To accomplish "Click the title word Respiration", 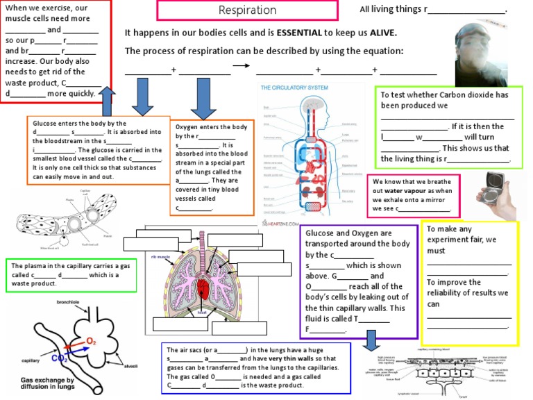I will coord(247,10).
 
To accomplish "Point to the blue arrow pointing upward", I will coord(108,102).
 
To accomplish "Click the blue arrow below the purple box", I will coord(371,338).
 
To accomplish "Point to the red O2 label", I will coord(91,340).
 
